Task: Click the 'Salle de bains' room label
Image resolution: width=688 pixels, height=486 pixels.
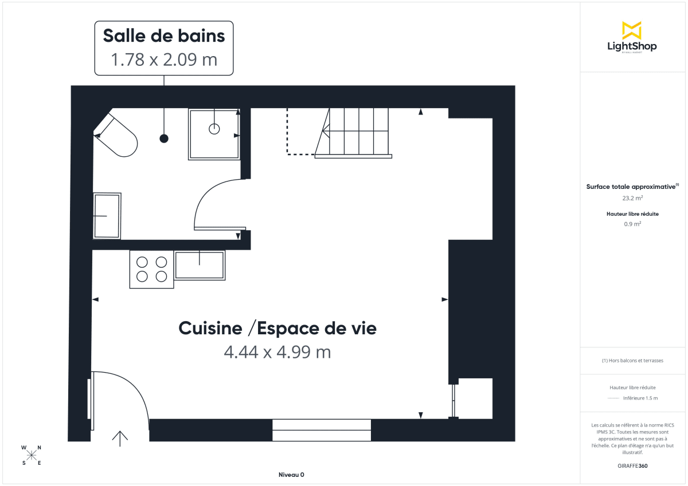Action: (164, 35)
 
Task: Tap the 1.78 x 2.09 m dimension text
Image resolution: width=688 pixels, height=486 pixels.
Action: (164, 60)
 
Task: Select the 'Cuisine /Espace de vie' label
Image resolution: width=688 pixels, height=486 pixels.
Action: (277, 329)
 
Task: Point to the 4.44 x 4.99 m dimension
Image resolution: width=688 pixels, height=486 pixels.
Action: (277, 352)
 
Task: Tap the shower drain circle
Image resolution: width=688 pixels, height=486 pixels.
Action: (214, 129)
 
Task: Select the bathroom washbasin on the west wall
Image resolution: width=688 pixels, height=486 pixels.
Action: (107, 216)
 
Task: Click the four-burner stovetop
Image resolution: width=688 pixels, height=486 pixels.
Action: (152, 269)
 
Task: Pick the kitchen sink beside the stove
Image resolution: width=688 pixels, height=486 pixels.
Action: (200, 265)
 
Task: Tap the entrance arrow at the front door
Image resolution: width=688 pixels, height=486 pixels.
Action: (120, 438)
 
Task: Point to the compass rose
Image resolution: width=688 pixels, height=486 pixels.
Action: (32, 455)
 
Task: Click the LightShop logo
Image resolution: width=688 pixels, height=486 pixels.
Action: (632, 37)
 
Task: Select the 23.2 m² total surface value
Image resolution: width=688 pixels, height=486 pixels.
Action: (632, 198)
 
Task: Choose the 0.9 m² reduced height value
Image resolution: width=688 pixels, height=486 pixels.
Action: (632, 224)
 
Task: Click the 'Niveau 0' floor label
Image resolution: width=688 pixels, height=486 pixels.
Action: (291, 475)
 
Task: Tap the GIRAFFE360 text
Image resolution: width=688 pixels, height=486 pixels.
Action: (632, 466)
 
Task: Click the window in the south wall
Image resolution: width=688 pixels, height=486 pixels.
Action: (322, 430)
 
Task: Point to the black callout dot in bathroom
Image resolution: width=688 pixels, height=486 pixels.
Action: (164, 139)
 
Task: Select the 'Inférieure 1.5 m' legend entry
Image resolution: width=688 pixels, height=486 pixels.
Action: (640, 398)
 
